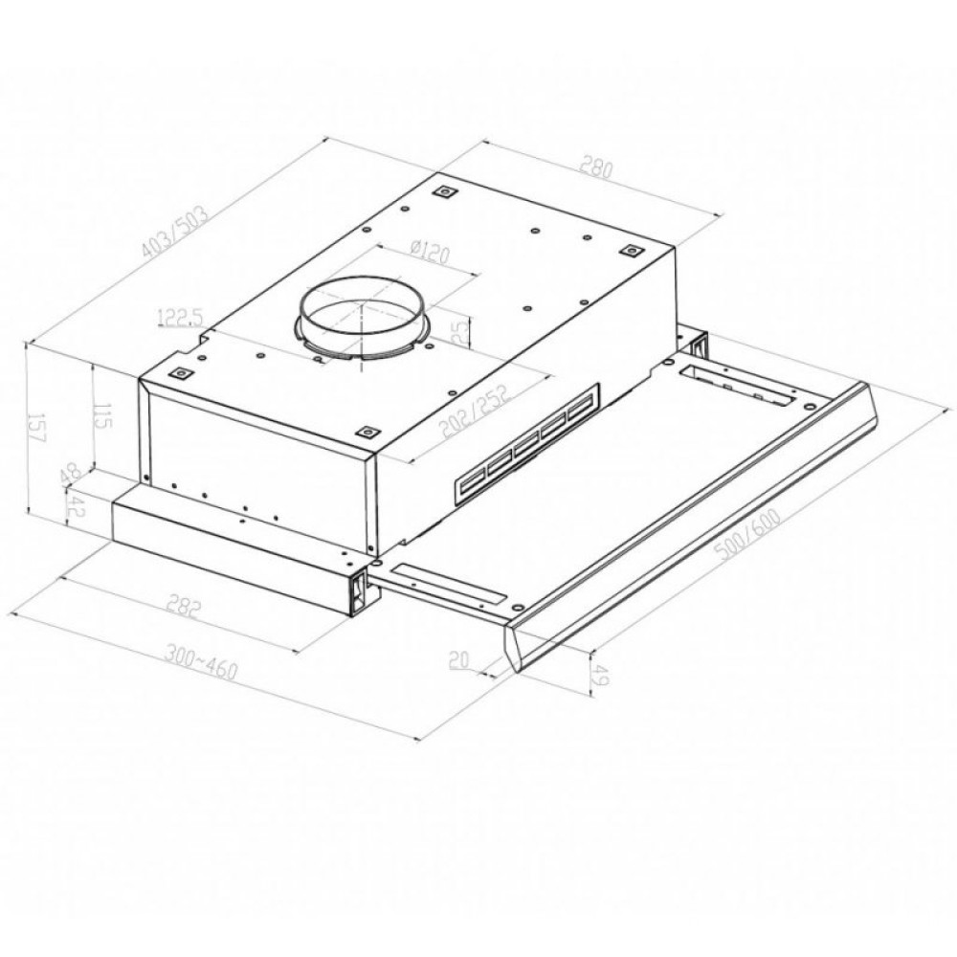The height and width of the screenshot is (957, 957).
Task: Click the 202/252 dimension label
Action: pyautogui.click(x=475, y=412)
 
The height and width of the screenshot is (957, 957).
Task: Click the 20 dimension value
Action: pyautogui.click(x=458, y=659)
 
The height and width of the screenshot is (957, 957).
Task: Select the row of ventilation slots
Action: pyautogui.click(x=525, y=444)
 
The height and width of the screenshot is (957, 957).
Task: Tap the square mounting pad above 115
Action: pyautogui.click(x=178, y=373)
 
